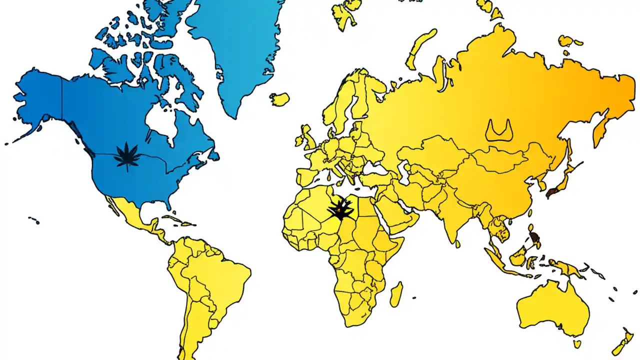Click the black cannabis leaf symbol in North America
point(127,156)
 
